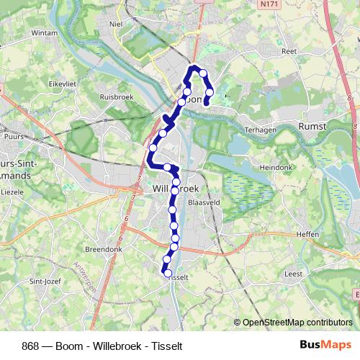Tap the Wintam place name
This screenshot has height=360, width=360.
tap(44, 33)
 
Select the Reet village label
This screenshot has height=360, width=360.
tap(289, 52)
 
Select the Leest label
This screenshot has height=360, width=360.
tap(294, 274)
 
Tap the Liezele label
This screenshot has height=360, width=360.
tap(14, 193)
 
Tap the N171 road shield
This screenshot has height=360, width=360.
tap(270, 4)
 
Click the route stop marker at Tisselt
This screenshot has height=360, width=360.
tap(168, 274)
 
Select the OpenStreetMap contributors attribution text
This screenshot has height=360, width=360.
tap(297, 323)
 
